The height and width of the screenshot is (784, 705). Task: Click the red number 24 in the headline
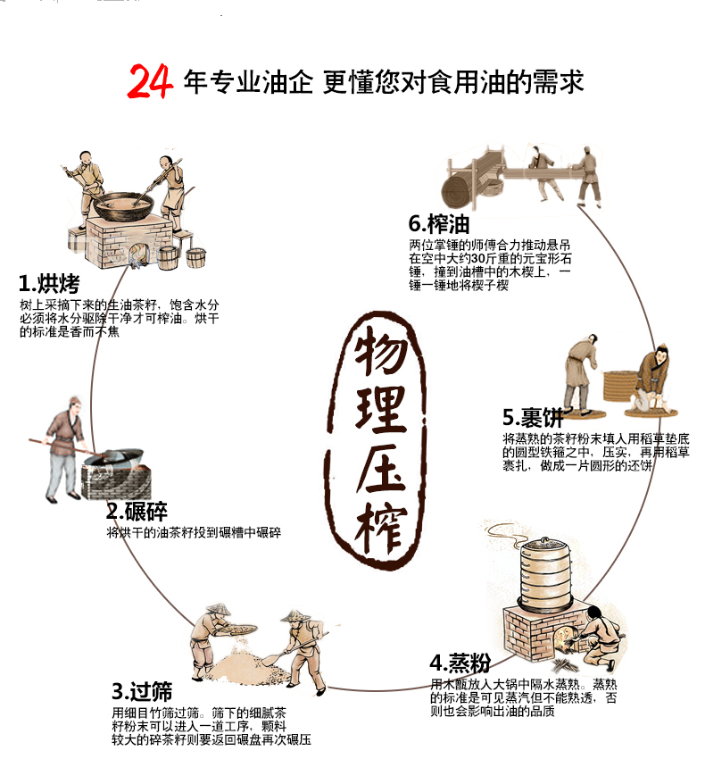tap(150, 81)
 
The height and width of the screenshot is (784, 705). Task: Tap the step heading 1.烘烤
tap(49, 283)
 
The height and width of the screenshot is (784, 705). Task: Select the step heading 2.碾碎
tap(137, 511)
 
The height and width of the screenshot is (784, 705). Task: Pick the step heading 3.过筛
tap(142, 691)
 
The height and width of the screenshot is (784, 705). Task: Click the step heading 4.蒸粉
tap(460, 663)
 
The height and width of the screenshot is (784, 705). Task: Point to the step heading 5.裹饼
tap(533, 416)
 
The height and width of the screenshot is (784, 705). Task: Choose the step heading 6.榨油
tap(439, 223)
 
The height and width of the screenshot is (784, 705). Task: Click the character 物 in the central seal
tap(381, 349)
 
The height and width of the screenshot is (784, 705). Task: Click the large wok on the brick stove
tap(124, 205)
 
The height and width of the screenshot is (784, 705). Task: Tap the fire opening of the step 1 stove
tap(137, 253)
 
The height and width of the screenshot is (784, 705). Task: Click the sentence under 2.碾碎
tap(194, 532)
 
